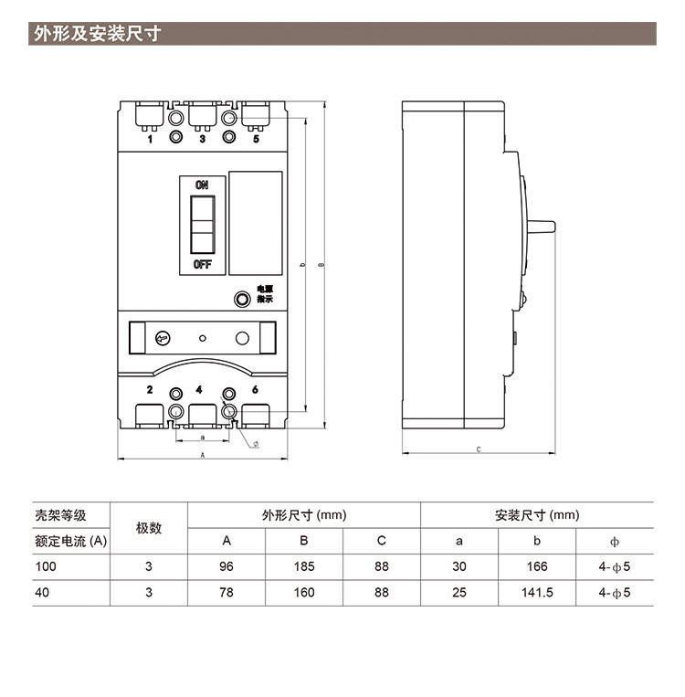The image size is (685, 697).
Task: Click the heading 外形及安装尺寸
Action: coord(98,35)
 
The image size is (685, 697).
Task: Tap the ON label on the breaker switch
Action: coord(202,185)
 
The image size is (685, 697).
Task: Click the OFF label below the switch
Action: coord(202,265)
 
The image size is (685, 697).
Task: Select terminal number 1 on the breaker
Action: coord(150,139)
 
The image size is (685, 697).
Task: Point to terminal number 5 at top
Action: coord(256,139)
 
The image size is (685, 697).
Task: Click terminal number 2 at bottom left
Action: coord(150,390)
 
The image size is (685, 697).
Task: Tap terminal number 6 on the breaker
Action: coord(255,390)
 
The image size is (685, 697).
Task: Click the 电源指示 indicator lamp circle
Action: coord(242,298)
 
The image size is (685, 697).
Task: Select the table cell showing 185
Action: coord(304,566)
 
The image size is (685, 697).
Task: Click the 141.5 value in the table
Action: coord(537,592)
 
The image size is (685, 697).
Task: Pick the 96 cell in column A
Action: coord(227,566)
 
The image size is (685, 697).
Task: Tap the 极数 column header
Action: coord(149,528)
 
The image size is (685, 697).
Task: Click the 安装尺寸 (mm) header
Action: coord(537,515)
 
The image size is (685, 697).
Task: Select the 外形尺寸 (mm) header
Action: coord(304,515)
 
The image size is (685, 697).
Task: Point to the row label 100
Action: coord(46,566)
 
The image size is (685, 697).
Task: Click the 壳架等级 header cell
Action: coord(60,515)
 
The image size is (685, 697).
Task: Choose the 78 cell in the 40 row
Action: coord(227,592)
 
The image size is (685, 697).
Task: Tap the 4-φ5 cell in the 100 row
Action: coord(615,566)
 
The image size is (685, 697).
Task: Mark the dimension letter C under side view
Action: coord(479,449)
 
